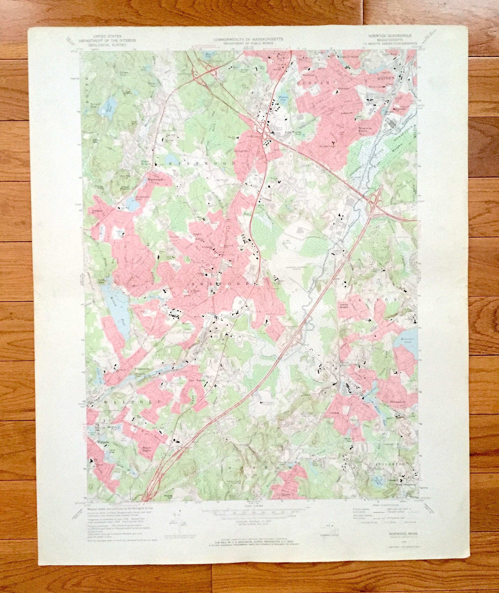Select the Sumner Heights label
[344, 306]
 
